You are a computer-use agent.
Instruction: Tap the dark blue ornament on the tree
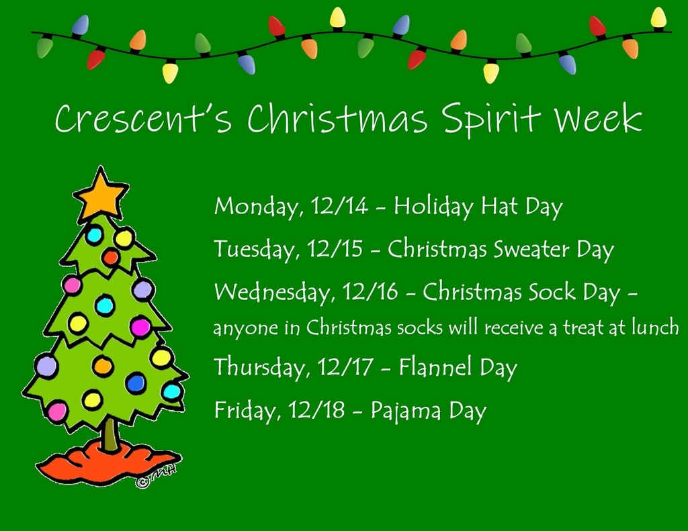tap(136, 383)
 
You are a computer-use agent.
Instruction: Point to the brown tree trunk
tap(110, 434)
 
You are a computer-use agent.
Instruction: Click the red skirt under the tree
tap(107, 464)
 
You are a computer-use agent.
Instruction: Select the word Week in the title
tap(599, 117)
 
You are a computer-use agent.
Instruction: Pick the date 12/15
tap(335, 249)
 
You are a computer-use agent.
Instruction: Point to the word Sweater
tap(531, 249)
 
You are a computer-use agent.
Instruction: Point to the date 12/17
tap(345, 367)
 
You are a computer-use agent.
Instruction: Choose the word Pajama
tap(405, 412)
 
